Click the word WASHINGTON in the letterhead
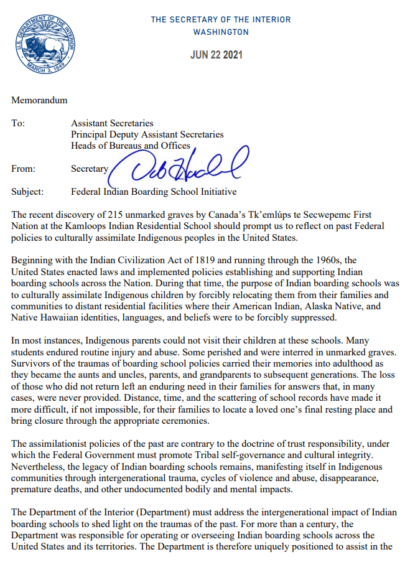pyautogui.click(x=221, y=32)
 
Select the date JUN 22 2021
pyautogui.click(x=216, y=55)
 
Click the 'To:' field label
pyautogui.click(x=19, y=123)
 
